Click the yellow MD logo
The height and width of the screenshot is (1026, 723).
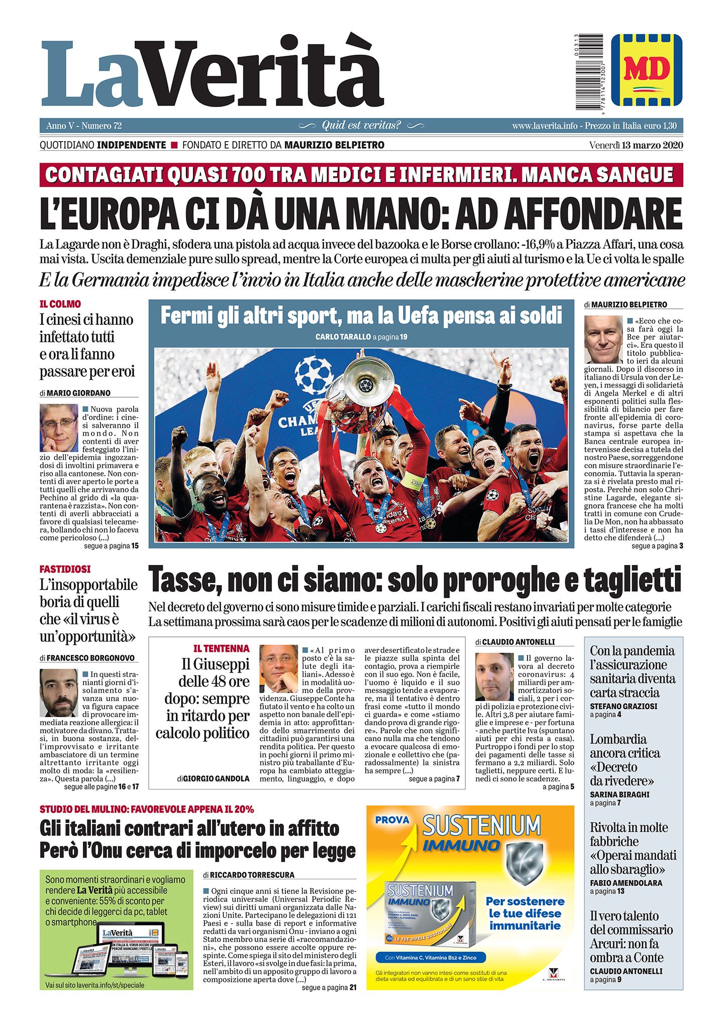point(647,70)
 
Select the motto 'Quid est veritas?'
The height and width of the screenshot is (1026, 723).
point(361,125)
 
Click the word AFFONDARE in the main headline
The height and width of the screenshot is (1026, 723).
point(593,214)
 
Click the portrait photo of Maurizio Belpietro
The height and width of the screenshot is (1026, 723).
point(603,339)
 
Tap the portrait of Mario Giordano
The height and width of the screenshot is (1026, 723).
point(59,427)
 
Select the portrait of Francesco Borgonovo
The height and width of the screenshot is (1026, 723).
point(59,693)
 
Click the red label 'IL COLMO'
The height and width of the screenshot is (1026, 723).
point(60,304)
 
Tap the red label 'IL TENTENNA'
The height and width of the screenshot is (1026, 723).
point(221,648)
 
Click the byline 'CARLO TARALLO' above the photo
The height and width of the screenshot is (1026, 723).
point(343,337)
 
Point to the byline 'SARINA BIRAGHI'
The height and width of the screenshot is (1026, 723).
point(619,794)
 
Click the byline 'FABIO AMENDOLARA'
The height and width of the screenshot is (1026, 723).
point(626,883)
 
